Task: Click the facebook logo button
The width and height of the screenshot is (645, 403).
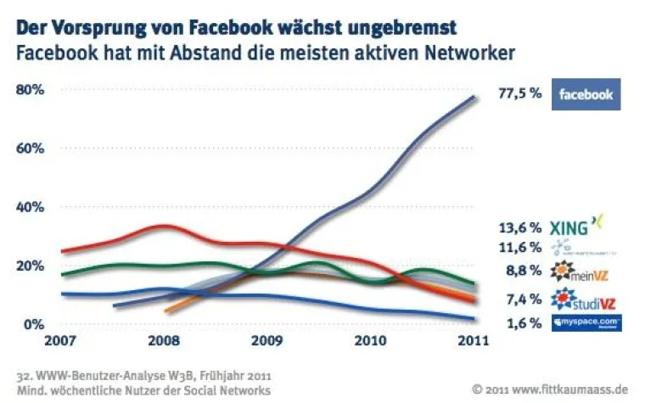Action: tap(586, 94)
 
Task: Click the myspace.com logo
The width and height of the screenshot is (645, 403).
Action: tap(586, 323)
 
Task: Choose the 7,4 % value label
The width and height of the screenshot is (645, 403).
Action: tap(524, 299)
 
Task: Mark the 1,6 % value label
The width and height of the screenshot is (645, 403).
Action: tap(524, 323)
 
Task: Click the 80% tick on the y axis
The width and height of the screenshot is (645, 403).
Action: tap(30, 89)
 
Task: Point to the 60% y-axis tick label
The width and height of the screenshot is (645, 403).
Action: tap(30, 148)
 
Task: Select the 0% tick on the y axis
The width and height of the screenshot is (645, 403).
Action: tap(33, 324)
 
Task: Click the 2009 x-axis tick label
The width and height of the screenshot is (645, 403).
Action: tap(266, 344)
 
